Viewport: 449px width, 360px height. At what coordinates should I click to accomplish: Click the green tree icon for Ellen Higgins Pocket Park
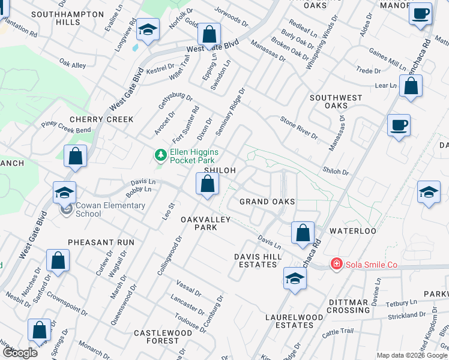pos(160,156)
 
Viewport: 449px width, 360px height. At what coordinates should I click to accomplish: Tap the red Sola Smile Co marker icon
pos(337,265)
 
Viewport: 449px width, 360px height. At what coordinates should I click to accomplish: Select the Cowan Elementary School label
pos(103,209)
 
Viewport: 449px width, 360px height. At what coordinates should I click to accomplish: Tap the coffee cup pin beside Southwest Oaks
pos(399,125)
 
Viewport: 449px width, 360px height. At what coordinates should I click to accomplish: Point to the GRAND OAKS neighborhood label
pos(265,202)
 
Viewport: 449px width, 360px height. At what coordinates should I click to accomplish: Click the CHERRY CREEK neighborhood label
pos(101,119)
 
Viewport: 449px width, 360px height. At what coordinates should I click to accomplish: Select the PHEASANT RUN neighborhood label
pos(101,242)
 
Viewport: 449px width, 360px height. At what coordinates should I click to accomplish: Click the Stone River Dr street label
pos(299,128)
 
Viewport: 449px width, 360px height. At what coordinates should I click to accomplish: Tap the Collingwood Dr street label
pos(170,256)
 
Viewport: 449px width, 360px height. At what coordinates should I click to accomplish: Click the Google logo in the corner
pos(20,352)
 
